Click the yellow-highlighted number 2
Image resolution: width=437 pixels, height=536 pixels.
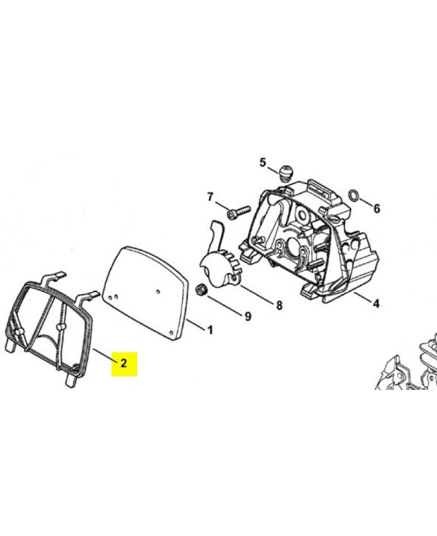click(124, 362)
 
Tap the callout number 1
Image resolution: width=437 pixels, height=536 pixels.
click(210, 330)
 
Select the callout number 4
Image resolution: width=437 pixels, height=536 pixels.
click(376, 304)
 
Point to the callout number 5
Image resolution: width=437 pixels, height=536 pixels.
click(262, 163)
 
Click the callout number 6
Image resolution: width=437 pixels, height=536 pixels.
click(377, 208)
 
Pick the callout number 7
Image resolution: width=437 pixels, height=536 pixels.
click(210, 197)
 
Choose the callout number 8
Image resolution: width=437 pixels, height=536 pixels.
click(279, 306)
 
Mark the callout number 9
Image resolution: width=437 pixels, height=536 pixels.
click(248, 316)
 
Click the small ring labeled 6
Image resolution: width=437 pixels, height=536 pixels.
click(354, 196)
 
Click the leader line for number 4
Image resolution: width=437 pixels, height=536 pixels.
click(363, 297)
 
